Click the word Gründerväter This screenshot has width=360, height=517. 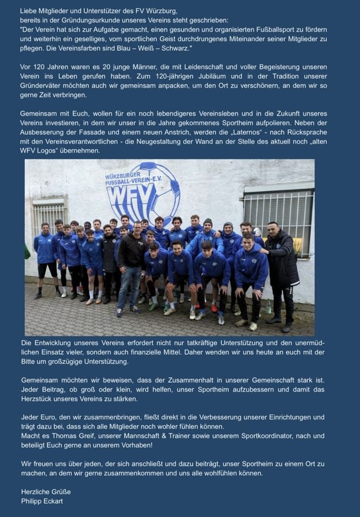click(41, 85)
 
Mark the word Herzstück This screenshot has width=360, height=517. click(42, 398)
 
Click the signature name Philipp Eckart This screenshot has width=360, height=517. click(42, 501)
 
